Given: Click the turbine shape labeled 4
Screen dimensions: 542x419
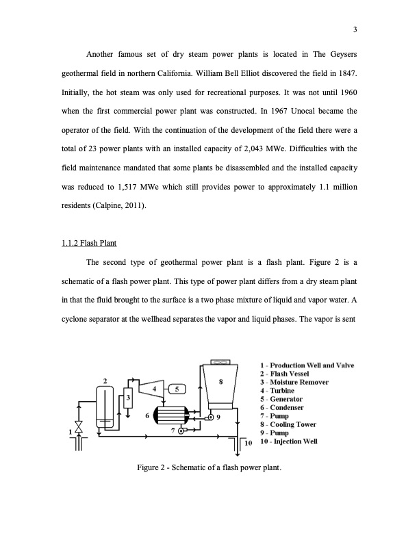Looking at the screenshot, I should pos(155,389).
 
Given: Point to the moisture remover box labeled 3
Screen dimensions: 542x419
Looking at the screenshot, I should pos(127,398).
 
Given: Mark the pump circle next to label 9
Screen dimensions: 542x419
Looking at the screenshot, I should pos(211,417).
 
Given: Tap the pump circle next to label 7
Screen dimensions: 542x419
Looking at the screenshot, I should pos(181,431).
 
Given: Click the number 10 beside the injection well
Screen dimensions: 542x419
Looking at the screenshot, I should pos(249,443).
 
